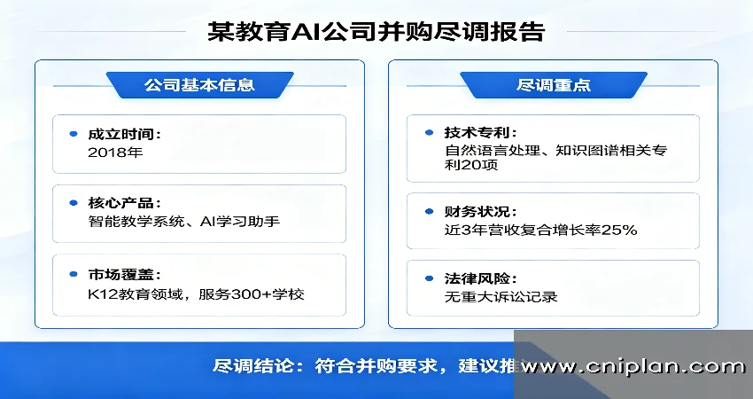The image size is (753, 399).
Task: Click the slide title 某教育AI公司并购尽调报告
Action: [376, 32]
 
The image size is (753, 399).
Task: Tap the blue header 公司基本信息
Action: [199, 85]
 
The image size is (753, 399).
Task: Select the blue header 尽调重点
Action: [553, 85]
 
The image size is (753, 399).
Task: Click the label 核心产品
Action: [124, 202]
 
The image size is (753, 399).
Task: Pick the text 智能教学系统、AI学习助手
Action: [184, 221]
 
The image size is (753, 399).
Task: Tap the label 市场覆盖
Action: [124, 274]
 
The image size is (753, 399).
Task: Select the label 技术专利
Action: [479, 132]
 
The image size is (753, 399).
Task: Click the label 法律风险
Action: [479, 278]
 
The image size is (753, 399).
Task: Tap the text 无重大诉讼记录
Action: [501, 297]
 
